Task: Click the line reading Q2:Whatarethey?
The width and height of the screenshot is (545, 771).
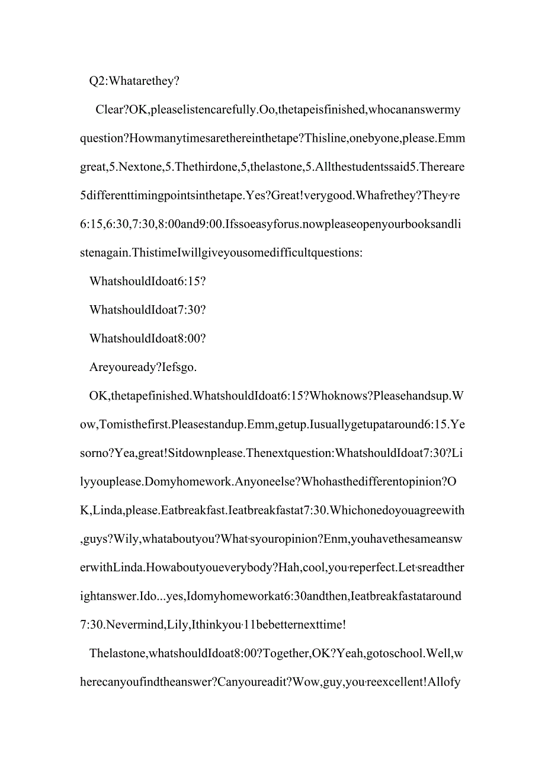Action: tap(134, 81)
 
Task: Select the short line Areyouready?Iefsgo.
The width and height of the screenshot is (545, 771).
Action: tap(143, 367)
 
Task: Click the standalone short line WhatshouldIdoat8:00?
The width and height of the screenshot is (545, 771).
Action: tap(148, 338)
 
